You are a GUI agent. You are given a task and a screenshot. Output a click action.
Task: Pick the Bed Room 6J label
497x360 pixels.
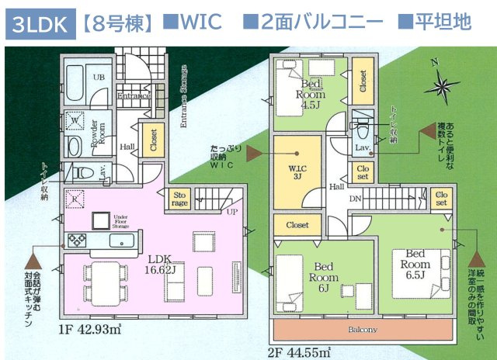tap(320, 271)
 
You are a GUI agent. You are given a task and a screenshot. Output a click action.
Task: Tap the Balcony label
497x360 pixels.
tap(363, 330)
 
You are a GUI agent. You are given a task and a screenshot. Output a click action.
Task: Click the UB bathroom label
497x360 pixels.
tap(99, 78)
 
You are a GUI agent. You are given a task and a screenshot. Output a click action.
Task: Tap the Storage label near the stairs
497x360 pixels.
tap(179, 199)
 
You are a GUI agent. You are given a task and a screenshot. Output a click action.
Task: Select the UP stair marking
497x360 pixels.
tap(231, 211)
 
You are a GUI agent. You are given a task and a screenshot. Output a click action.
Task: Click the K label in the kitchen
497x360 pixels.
tap(75, 198)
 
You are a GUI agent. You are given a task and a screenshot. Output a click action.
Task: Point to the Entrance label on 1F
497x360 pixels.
tap(133, 97)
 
